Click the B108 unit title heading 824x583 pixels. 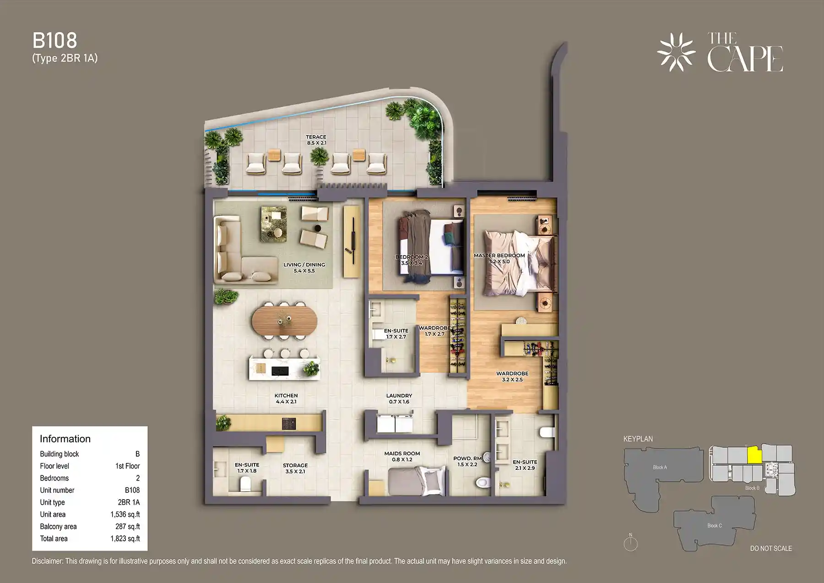click(x=54, y=41)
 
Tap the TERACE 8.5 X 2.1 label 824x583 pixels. click(x=316, y=140)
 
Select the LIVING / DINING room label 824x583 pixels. click(x=304, y=267)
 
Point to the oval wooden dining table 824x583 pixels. click(x=284, y=320)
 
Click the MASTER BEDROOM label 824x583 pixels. click(x=499, y=258)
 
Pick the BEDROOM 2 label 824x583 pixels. click(x=412, y=260)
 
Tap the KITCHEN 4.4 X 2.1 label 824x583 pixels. click(x=286, y=398)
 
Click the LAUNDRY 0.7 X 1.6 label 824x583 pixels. click(x=399, y=398)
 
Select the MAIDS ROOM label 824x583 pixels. click(x=402, y=456)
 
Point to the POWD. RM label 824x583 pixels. click(x=467, y=461)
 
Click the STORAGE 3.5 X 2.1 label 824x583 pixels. click(x=295, y=468)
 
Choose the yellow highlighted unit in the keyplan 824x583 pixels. click(x=754, y=455)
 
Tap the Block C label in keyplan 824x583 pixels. click(x=714, y=525)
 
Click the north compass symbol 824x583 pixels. click(x=630, y=543)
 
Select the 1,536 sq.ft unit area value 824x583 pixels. click(x=125, y=514)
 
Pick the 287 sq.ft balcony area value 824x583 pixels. click(x=128, y=527)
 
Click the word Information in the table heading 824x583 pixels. click(x=65, y=439)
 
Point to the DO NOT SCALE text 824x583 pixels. click(x=771, y=548)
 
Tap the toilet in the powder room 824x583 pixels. click(x=482, y=482)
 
